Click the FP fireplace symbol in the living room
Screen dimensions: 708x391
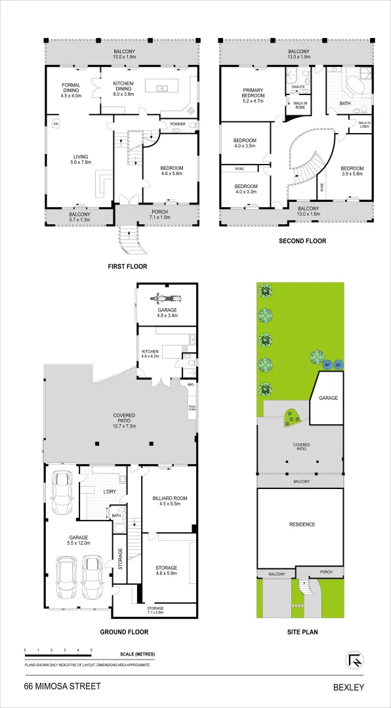click(x=57, y=122)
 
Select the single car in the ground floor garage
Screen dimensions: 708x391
click(x=62, y=492)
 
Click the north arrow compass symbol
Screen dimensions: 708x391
click(x=353, y=658)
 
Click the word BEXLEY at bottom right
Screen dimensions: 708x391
click(x=348, y=687)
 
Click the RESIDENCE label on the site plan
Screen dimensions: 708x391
click(x=302, y=524)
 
